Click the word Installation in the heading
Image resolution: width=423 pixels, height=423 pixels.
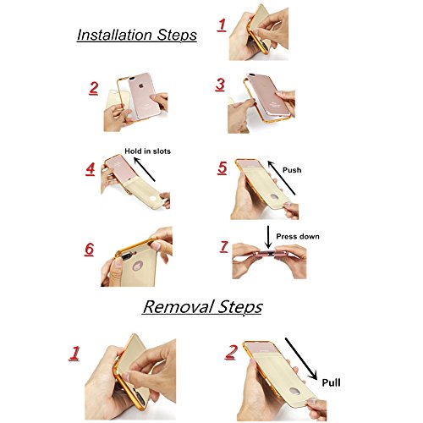pyautogui.click(x=115, y=35)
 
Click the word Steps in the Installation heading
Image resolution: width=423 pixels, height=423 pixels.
pyautogui.click(x=177, y=36)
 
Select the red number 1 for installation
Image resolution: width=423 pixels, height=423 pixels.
pyautogui.click(x=222, y=25)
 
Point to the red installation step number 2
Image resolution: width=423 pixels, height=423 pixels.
pyautogui.click(x=94, y=88)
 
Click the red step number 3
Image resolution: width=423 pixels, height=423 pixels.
pyautogui.click(x=220, y=85)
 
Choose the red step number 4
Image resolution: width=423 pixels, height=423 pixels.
pyautogui.click(x=91, y=169)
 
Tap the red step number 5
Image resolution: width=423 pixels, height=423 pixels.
pyautogui.click(x=222, y=168)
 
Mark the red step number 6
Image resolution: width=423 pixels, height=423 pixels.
pyautogui.click(x=89, y=250)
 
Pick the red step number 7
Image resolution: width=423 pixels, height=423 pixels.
pyautogui.click(x=224, y=246)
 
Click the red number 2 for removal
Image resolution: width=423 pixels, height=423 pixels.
pyautogui.click(x=231, y=352)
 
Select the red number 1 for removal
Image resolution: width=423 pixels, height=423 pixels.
pyautogui.click(x=74, y=354)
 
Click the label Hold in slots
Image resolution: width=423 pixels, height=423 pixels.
pyautogui.click(x=147, y=151)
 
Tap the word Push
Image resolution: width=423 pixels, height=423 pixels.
pyautogui.click(x=292, y=170)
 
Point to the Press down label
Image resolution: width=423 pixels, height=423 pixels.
pyautogui.click(x=298, y=236)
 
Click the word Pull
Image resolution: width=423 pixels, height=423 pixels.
pyautogui.click(x=332, y=382)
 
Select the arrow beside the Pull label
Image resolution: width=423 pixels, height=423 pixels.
pyautogui.click(x=301, y=359)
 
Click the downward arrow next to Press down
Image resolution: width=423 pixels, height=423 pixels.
pyautogui.click(x=268, y=237)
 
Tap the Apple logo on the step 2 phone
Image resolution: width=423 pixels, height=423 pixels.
pyautogui.click(x=139, y=85)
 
